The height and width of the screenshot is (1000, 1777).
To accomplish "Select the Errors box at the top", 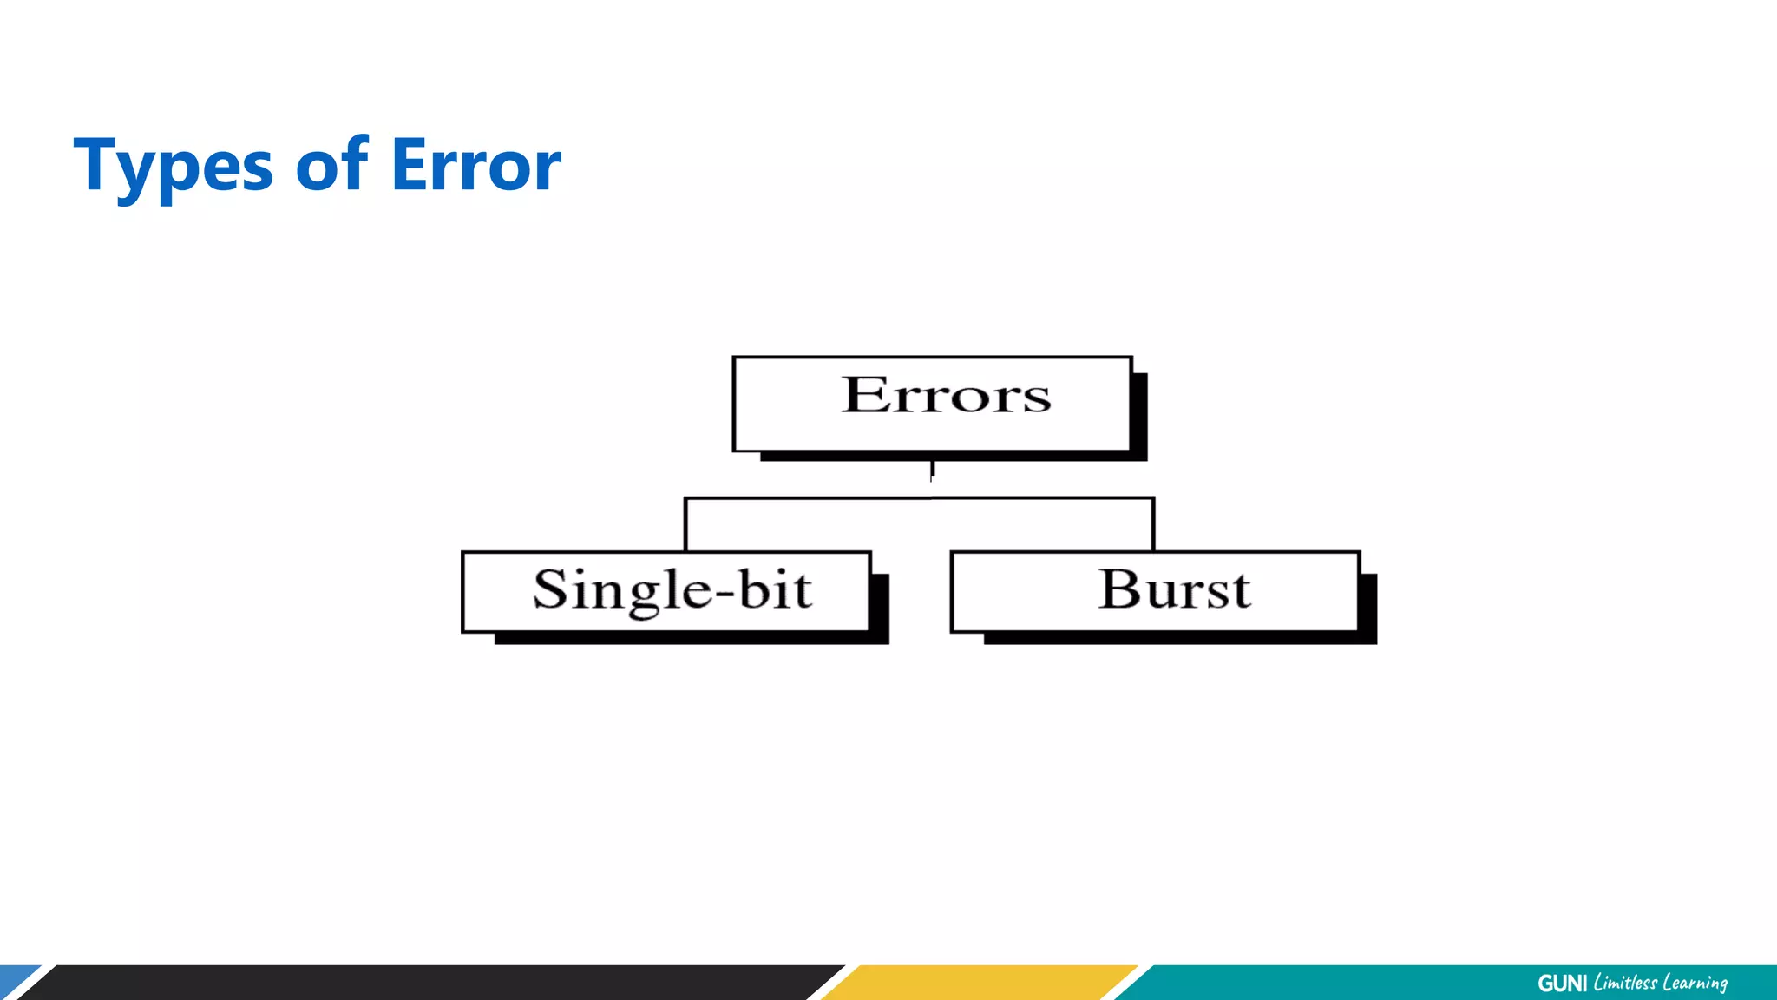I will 933,404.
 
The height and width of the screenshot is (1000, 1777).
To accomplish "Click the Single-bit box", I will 666,591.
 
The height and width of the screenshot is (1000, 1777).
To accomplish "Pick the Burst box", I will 1155,591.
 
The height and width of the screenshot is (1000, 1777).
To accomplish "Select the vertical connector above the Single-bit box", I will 685,525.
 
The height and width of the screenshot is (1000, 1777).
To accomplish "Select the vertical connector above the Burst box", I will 1153,525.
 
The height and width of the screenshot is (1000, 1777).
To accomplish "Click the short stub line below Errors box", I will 932,470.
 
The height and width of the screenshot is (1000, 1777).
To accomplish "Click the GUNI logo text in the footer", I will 1562,984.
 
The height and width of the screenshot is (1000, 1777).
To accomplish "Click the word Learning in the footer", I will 1695,983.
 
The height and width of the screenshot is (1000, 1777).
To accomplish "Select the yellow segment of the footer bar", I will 980,983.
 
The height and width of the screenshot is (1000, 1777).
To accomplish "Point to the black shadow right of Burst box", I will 1368,608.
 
